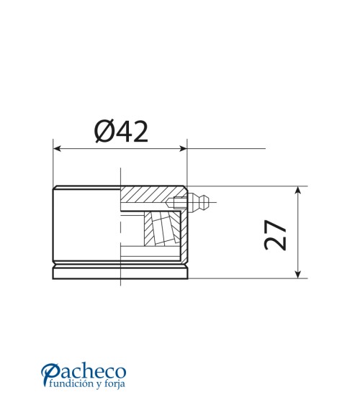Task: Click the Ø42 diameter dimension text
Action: (121, 131)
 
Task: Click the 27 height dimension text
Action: (276, 235)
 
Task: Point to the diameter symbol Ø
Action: (104, 131)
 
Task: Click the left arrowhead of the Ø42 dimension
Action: (58, 149)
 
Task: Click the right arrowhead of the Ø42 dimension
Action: (182, 149)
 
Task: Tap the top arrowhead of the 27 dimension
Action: (298, 191)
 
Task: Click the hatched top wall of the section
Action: (148, 195)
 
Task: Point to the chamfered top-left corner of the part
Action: (54, 188)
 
